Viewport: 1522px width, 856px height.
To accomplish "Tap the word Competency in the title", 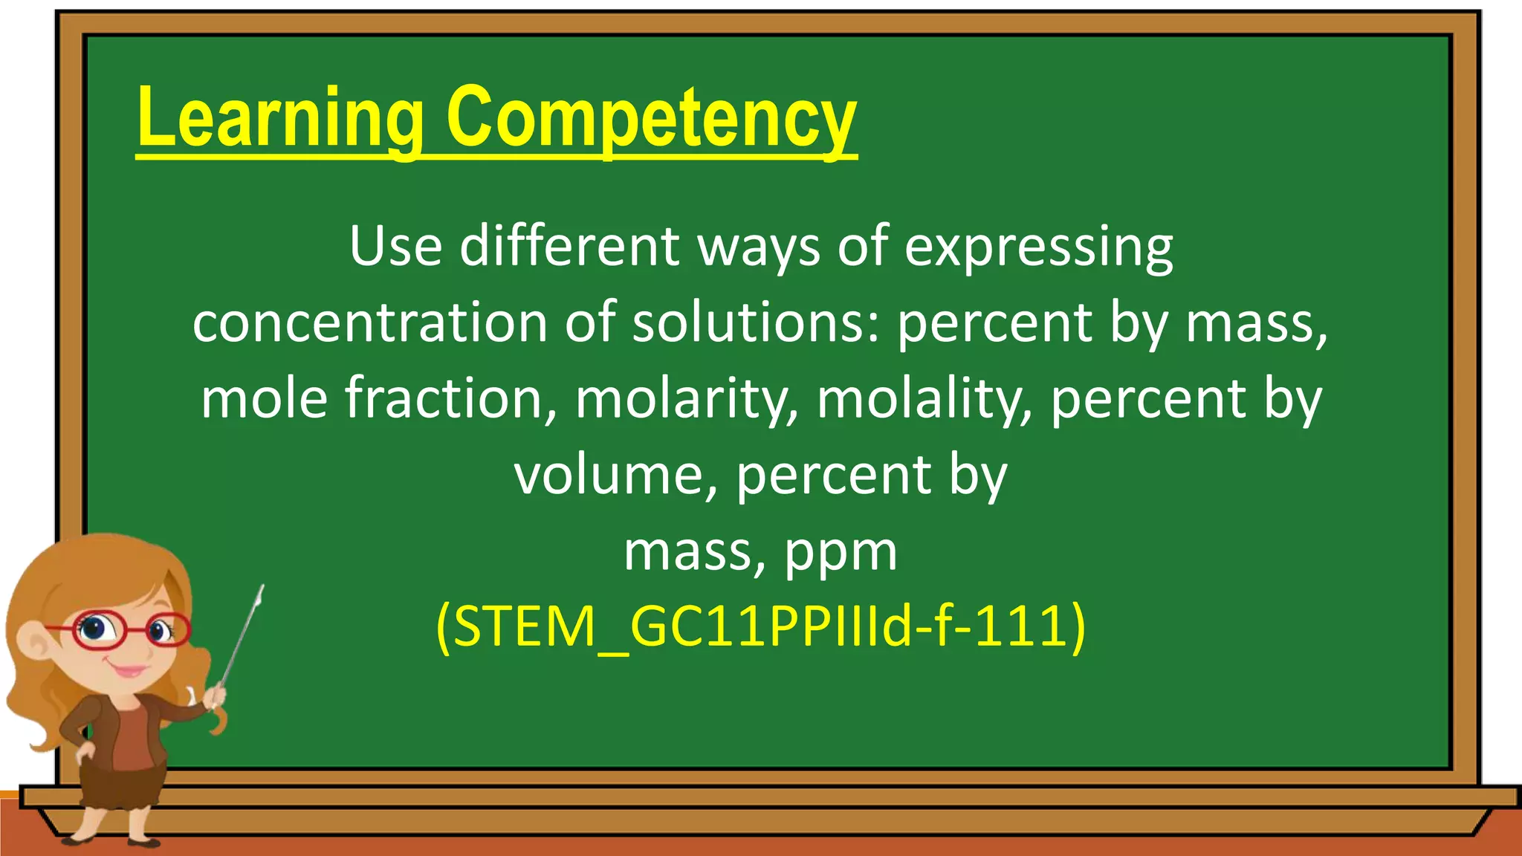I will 651,119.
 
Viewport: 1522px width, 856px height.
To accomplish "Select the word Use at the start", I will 395,247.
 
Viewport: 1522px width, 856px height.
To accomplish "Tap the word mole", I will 265,399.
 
